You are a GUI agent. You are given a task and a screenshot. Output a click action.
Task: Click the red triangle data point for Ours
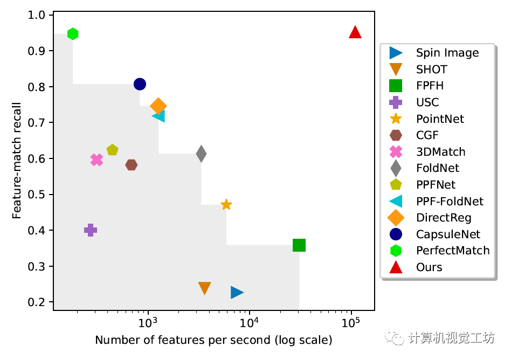coord(355,33)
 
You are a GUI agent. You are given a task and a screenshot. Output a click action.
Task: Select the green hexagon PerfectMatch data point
coord(73,34)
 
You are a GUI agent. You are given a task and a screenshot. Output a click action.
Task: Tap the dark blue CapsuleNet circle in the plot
coord(140,84)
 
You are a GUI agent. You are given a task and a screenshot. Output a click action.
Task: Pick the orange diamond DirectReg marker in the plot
coord(158,106)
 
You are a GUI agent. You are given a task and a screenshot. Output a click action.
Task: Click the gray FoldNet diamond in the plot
coord(201,154)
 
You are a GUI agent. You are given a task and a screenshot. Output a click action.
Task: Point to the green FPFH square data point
coord(299,245)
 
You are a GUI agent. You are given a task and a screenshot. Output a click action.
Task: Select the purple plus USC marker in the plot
coord(91,230)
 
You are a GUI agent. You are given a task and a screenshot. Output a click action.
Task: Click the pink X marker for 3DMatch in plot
coord(96,160)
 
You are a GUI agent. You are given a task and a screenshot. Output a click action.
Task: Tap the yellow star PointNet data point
coord(226,205)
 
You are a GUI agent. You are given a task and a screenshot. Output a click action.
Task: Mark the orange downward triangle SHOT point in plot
coord(204,288)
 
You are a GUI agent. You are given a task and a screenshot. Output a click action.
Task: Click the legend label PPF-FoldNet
coord(450,202)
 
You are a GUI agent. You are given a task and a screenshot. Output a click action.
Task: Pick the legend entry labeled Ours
coord(429,267)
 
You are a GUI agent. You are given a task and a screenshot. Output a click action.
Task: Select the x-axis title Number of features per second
coord(213,341)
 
